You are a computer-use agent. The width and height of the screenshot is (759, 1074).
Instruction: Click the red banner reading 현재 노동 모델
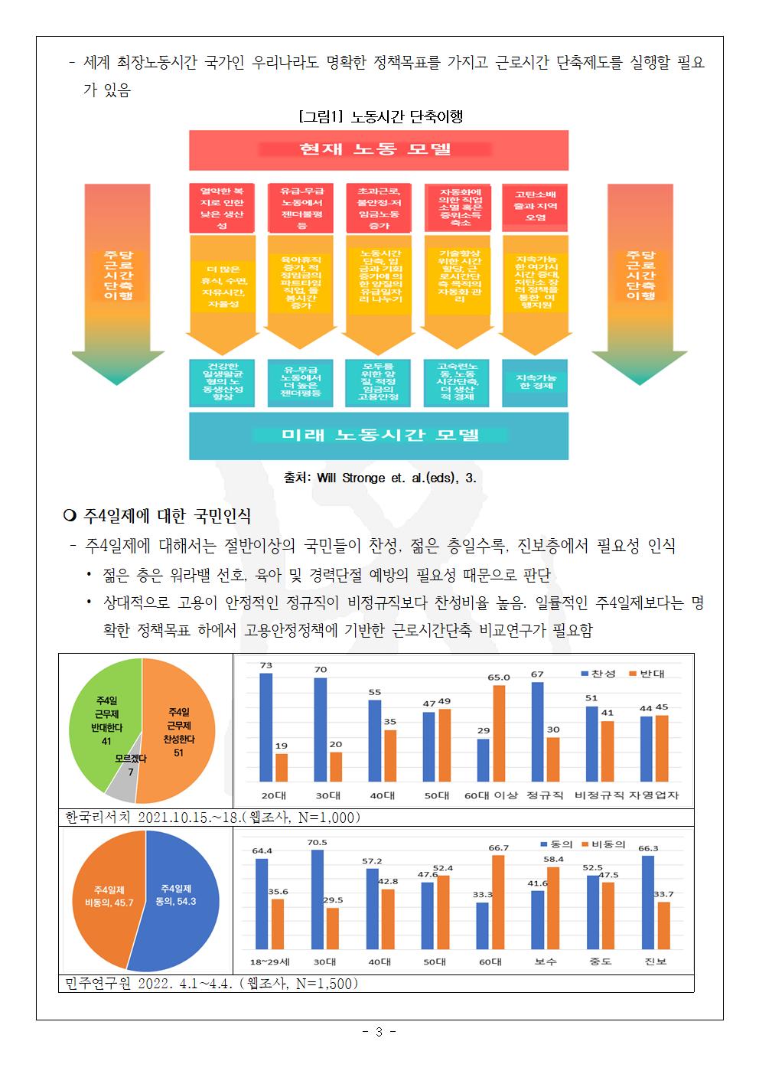(379, 150)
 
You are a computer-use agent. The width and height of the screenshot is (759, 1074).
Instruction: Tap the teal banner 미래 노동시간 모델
(379, 436)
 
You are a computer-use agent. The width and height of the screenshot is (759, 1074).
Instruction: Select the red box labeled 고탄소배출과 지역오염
(535, 207)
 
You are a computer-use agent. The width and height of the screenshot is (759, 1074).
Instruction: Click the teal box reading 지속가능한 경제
(535, 382)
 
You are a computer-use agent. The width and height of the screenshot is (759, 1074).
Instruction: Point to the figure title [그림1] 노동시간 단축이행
(380, 117)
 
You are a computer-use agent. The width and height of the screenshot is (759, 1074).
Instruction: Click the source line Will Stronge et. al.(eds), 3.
(380, 477)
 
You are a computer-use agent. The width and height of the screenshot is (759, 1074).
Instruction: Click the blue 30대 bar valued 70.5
(317, 899)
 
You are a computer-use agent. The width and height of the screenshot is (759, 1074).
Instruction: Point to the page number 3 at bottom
(379, 1032)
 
